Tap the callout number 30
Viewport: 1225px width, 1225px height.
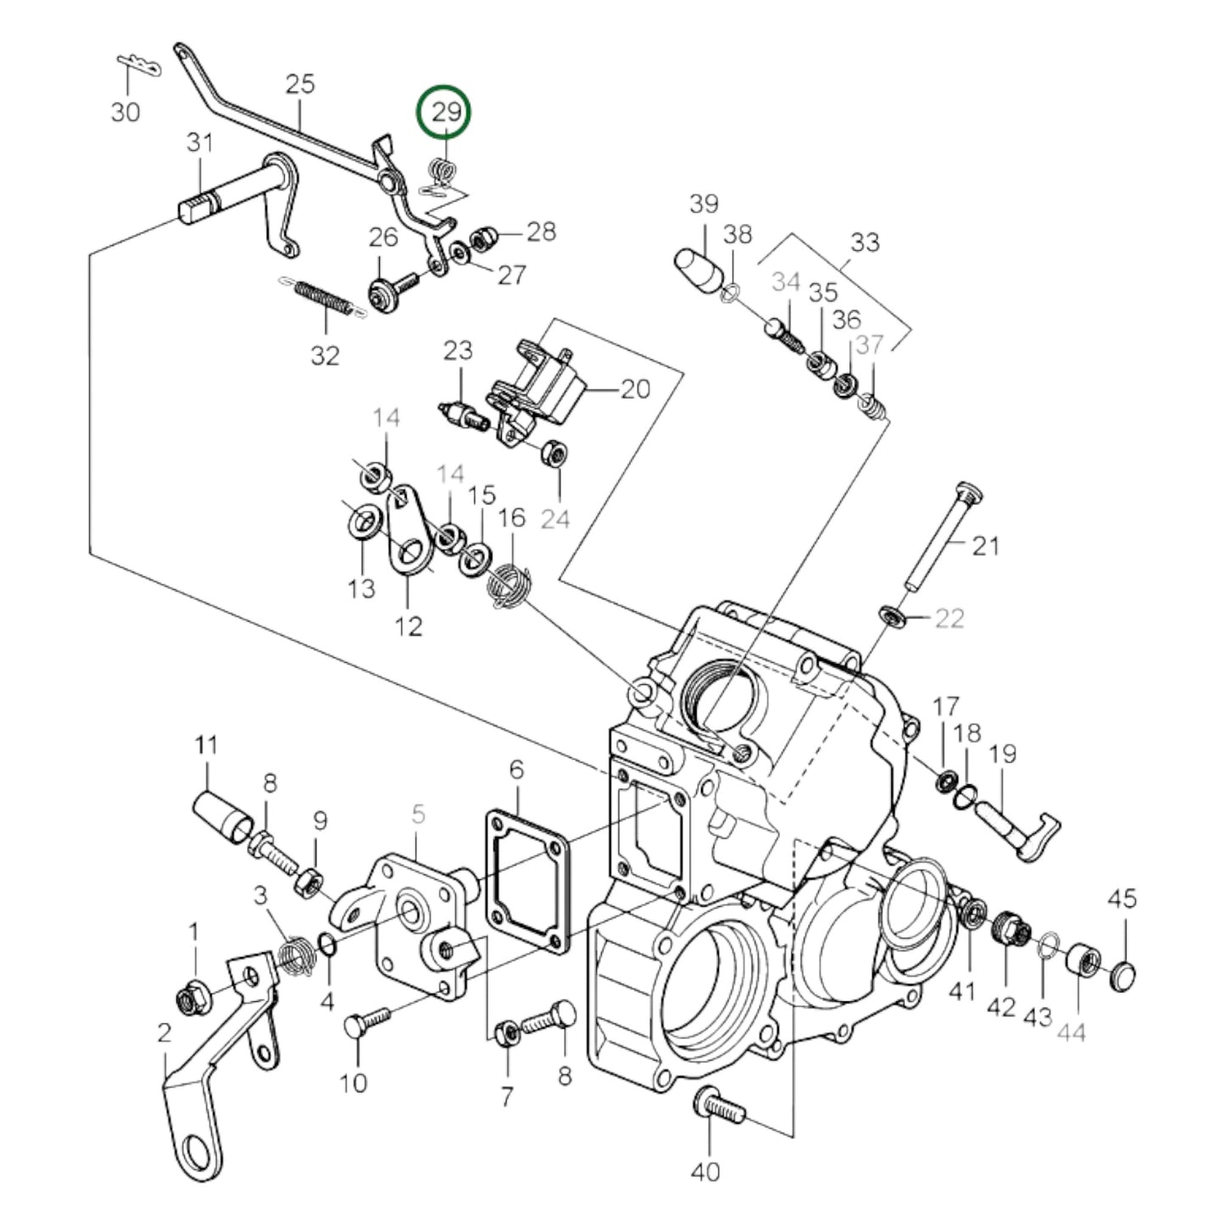[x=125, y=111]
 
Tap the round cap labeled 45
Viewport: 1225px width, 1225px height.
[x=1125, y=975]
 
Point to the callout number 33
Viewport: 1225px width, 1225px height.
[x=864, y=242]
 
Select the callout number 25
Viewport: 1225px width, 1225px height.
[x=300, y=85]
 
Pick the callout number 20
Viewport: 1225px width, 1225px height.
[x=635, y=389]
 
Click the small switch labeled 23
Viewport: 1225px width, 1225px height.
[x=464, y=415]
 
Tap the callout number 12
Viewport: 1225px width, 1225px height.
[x=408, y=626]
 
